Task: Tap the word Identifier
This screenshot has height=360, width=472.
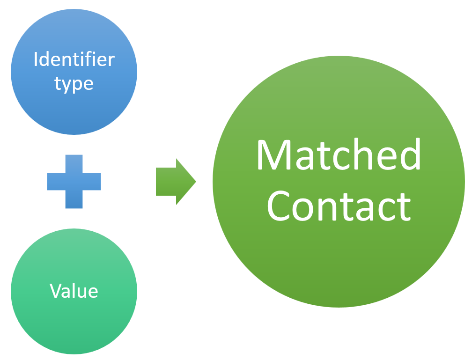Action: [74, 59]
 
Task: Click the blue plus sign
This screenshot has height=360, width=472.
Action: [74, 181]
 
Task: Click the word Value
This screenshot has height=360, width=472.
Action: [74, 291]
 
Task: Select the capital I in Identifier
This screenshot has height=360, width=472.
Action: [36, 59]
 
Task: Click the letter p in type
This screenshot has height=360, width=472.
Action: [77, 85]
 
